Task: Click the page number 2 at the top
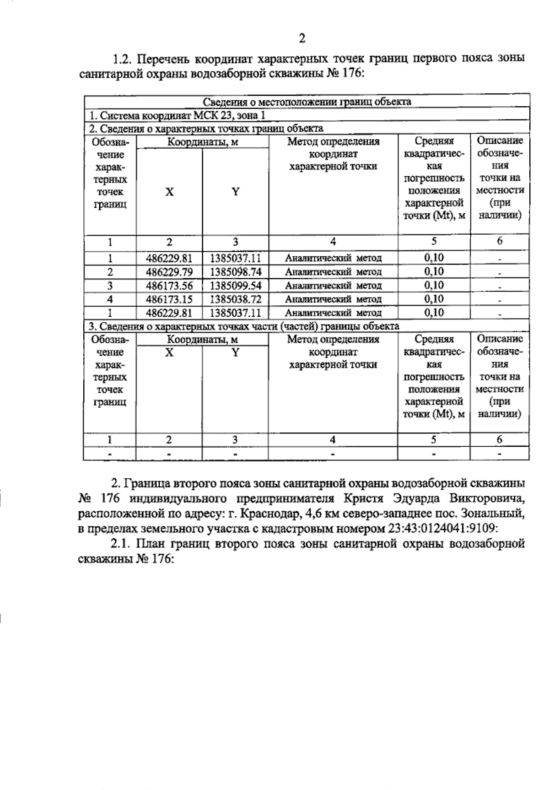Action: click(x=301, y=38)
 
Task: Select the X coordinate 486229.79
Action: click(x=169, y=272)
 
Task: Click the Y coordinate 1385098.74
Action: click(x=235, y=272)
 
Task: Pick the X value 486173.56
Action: click(x=169, y=286)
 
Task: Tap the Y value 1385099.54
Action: click(x=235, y=286)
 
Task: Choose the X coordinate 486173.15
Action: click(x=169, y=299)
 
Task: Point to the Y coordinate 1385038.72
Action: click(x=235, y=299)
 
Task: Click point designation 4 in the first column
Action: click(x=110, y=299)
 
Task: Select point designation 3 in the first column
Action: click(x=110, y=286)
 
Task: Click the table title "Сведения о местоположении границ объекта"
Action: click(x=307, y=102)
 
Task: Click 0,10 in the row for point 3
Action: click(x=434, y=286)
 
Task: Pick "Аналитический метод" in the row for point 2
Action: click(x=333, y=272)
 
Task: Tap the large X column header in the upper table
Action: click(x=169, y=192)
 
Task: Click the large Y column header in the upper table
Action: click(x=235, y=192)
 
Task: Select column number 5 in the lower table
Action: click(x=434, y=439)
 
